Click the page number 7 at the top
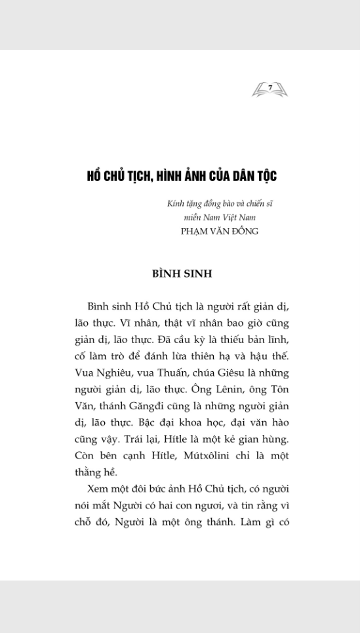pyautogui.click(x=270, y=87)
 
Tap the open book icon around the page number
pyautogui.click(x=270, y=91)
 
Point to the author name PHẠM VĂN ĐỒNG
pyautogui.click(x=220, y=231)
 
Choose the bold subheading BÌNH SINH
pyautogui.click(x=182, y=274)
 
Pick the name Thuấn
pyautogui.click(x=167, y=373)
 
